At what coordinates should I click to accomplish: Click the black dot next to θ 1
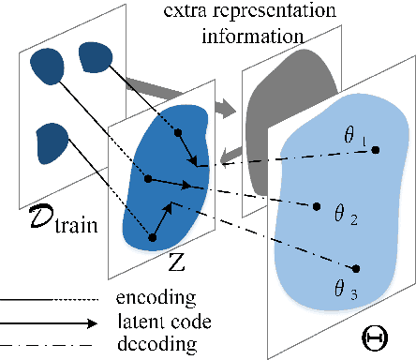[x=376, y=150]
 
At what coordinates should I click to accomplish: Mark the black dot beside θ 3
[x=357, y=270]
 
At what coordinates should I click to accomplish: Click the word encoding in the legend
[x=157, y=300]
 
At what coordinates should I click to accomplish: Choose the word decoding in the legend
[x=157, y=343]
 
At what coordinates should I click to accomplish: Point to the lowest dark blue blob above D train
[x=52, y=144]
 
